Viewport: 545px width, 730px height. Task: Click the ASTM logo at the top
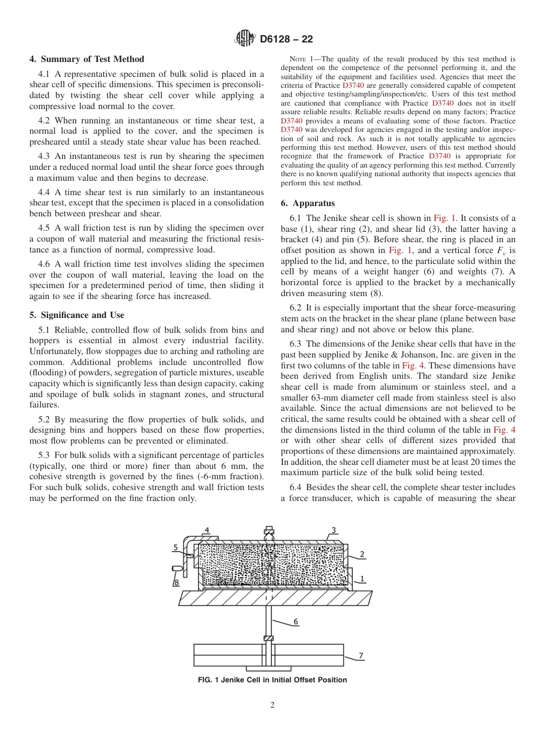coord(245,39)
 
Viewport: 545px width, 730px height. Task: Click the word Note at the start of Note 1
coord(298,59)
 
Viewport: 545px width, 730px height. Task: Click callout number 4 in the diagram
coord(207,530)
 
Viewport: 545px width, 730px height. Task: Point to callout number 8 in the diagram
coord(177,582)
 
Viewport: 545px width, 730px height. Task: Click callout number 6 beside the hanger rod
coord(295,622)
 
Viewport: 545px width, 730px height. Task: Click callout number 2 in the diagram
coord(362,554)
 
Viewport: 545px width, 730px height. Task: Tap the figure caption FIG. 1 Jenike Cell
coord(272,680)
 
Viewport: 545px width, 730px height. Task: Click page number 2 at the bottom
coord(272,706)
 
